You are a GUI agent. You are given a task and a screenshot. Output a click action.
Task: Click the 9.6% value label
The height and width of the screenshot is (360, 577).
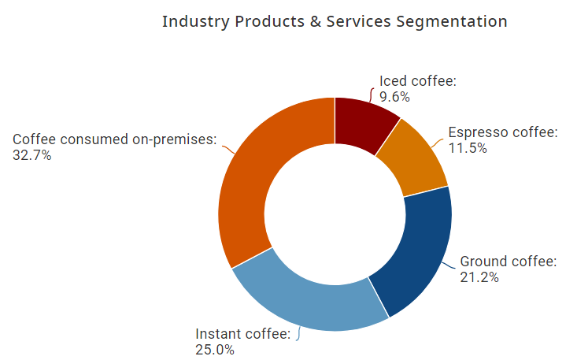pyautogui.click(x=394, y=97)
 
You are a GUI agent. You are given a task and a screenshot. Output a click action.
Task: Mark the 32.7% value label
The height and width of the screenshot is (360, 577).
pyautogui.click(x=32, y=155)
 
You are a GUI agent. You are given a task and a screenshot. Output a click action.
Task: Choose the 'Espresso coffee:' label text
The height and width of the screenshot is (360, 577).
pyautogui.click(x=503, y=132)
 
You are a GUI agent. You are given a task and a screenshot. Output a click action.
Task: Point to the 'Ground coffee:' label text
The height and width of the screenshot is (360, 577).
pyautogui.click(x=509, y=262)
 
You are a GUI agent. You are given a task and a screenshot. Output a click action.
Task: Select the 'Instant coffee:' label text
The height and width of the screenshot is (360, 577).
pyautogui.click(x=243, y=334)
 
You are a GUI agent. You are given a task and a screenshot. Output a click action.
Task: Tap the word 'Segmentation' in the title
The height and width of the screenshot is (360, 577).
pyautogui.click(x=455, y=21)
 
